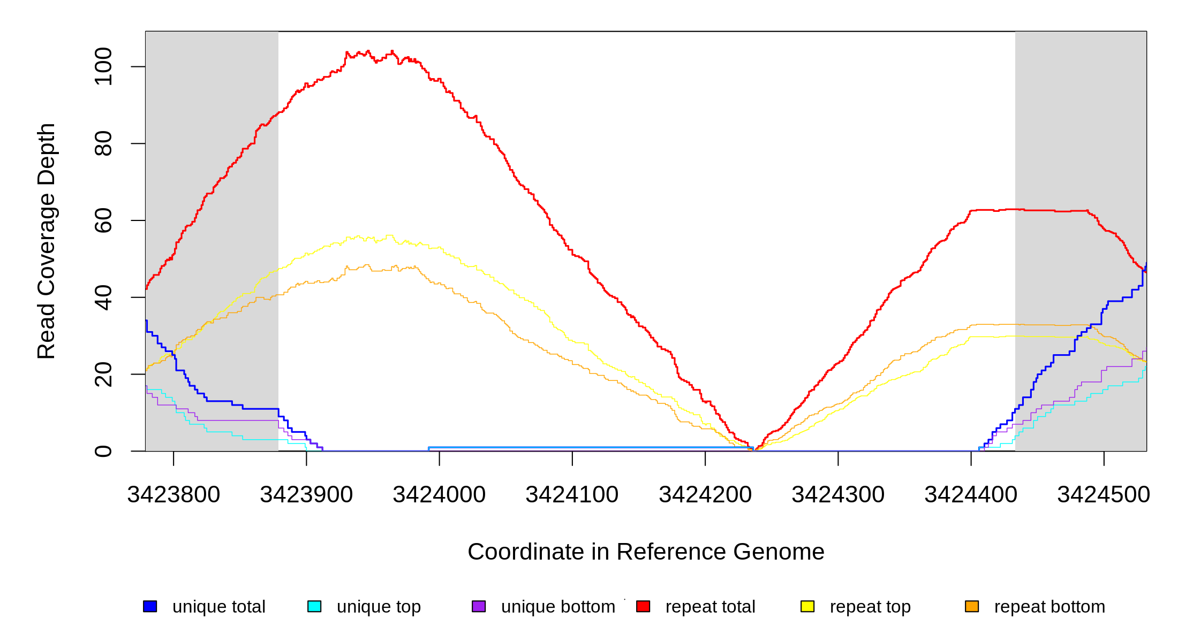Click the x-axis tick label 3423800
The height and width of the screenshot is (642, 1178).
173,495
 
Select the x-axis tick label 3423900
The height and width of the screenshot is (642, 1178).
306,495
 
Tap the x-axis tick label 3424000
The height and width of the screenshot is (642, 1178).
439,495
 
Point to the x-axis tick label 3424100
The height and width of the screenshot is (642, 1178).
572,495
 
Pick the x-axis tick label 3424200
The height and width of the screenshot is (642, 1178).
705,495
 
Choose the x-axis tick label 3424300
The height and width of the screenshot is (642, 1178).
838,495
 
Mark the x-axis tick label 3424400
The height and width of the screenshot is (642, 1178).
971,495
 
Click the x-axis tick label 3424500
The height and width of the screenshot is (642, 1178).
1104,495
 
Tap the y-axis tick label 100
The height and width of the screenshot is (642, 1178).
103,66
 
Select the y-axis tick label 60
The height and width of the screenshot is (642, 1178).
103,220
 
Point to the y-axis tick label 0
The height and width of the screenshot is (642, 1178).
103,451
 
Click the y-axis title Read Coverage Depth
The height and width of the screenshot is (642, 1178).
47,241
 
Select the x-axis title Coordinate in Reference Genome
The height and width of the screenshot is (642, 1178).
646,552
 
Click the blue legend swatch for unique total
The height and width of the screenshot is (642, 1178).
150,606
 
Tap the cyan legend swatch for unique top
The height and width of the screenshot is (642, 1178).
314,606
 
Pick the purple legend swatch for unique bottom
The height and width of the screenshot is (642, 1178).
479,606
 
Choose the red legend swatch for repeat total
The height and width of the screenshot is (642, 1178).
643,606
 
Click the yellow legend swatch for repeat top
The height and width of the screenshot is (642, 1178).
807,606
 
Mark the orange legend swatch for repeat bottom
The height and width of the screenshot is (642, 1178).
972,606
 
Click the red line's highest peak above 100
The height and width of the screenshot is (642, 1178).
392,51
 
